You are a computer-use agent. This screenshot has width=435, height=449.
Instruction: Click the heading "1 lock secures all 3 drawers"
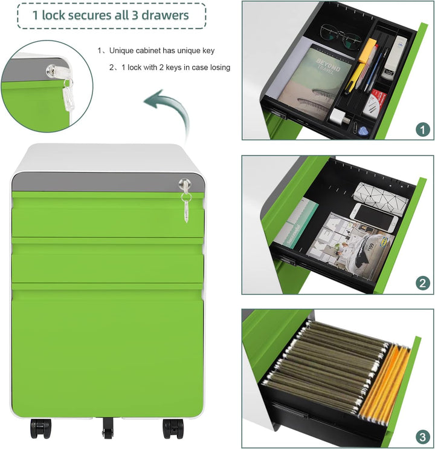111,15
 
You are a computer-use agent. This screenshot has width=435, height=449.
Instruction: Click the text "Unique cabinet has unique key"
161,51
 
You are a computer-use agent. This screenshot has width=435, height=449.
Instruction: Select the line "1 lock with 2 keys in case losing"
173,67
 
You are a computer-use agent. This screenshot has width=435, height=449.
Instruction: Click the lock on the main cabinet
184,183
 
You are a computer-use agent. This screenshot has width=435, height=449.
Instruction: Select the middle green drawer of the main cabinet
107,260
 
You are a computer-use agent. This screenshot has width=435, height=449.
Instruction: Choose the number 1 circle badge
422,128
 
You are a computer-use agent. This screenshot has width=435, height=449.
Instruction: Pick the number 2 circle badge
422,283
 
